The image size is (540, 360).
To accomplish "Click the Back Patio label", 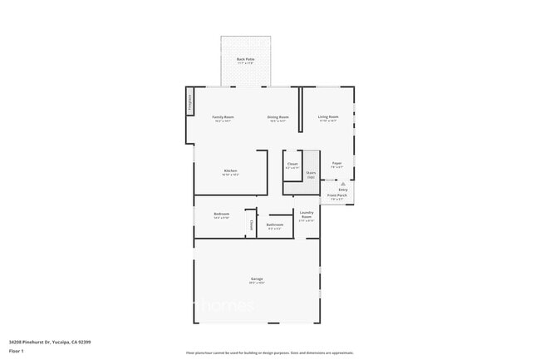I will pyautogui.click(x=245, y=60).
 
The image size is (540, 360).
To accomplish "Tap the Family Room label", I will pyautogui.click(x=223, y=117).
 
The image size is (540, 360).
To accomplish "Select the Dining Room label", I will pyautogui.click(x=277, y=117).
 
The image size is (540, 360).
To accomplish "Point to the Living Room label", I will pyautogui.click(x=328, y=117).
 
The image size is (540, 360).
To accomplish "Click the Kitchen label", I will pyautogui.click(x=230, y=171).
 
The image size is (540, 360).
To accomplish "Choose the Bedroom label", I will pyautogui.click(x=221, y=215).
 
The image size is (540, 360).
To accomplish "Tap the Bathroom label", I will pyautogui.click(x=275, y=224).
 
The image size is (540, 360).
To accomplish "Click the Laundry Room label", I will pyautogui.click(x=307, y=215).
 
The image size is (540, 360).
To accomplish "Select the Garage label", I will pyautogui.click(x=257, y=279).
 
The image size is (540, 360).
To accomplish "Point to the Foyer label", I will pyautogui.click(x=336, y=163).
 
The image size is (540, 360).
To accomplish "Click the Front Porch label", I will pyautogui.click(x=336, y=195).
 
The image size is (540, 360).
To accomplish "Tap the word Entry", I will pyautogui.click(x=343, y=190).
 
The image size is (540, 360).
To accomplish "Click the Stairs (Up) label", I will pyautogui.click(x=311, y=175).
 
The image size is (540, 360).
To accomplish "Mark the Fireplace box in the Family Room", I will pyautogui.click(x=189, y=103).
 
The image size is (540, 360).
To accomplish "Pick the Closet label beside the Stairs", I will pyautogui.click(x=292, y=164).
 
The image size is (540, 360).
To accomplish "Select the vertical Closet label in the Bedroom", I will pyautogui.click(x=251, y=224).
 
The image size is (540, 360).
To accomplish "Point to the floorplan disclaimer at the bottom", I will pyautogui.click(x=269, y=353).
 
